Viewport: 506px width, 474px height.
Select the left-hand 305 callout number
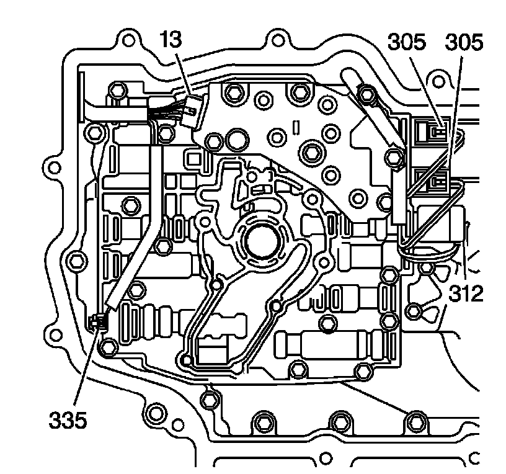pyautogui.click(x=407, y=44)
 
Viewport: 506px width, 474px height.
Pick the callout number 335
pyautogui.click(x=69, y=422)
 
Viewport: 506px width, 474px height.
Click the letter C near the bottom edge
pyautogui.click(x=474, y=459)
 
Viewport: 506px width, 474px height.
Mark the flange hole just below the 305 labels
pyautogui.click(x=440, y=81)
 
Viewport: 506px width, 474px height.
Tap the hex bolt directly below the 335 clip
pyautogui.click(x=109, y=346)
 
